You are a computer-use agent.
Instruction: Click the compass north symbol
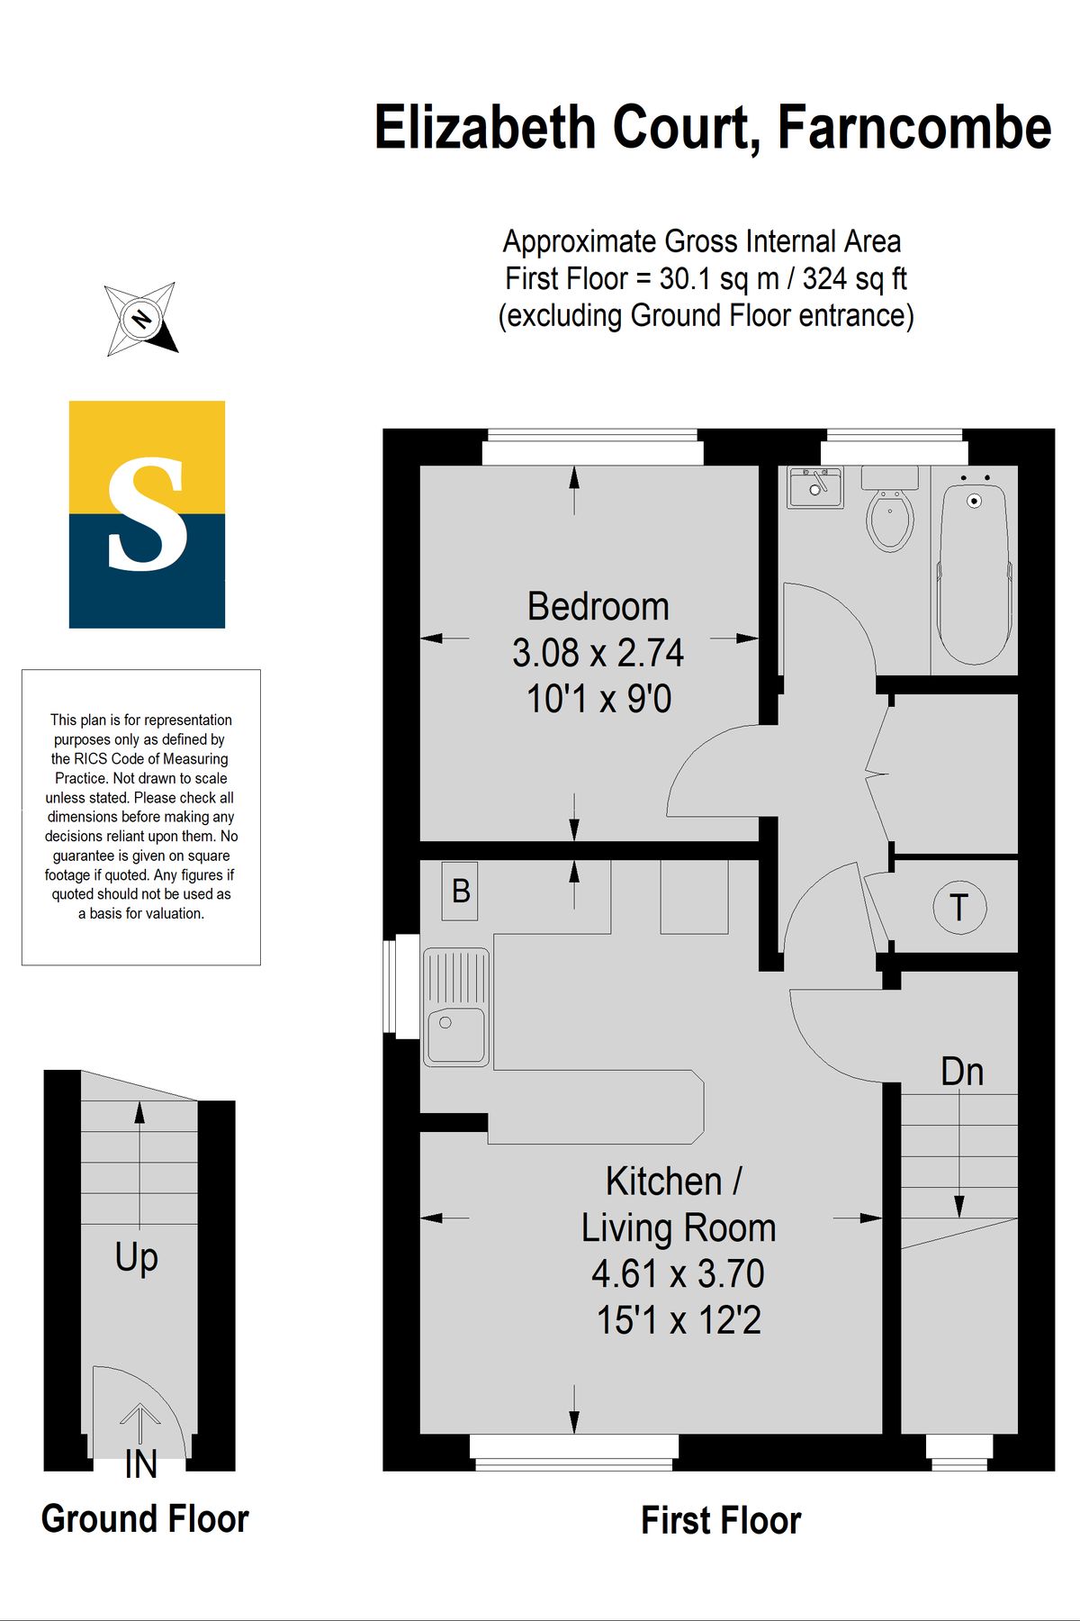[141, 319]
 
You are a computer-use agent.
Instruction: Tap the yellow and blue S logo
[147, 514]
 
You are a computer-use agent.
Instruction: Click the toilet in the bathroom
[890, 509]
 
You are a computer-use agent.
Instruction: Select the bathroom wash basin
[815, 487]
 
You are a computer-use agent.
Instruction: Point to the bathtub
[974, 575]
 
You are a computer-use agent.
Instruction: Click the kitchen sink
[457, 1007]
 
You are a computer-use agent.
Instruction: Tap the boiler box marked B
[460, 892]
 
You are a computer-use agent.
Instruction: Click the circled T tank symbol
[959, 908]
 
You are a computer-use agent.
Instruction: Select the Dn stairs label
[962, 1072]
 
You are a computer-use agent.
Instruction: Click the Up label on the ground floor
[137, 1258]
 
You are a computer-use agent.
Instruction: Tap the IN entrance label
[141, 1464]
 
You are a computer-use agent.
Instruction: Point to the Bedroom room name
[598, 607]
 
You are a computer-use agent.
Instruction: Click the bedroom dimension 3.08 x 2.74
[598, 653]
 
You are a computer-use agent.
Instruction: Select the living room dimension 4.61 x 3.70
[679, 1274]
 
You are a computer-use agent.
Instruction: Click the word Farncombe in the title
[914, 128]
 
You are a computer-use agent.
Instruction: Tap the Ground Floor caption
[145, 1519]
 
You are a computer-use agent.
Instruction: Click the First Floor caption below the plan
[721, 1520]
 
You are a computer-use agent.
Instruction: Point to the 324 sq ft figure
[855, 279]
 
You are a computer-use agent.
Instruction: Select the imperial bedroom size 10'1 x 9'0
[598, 700]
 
